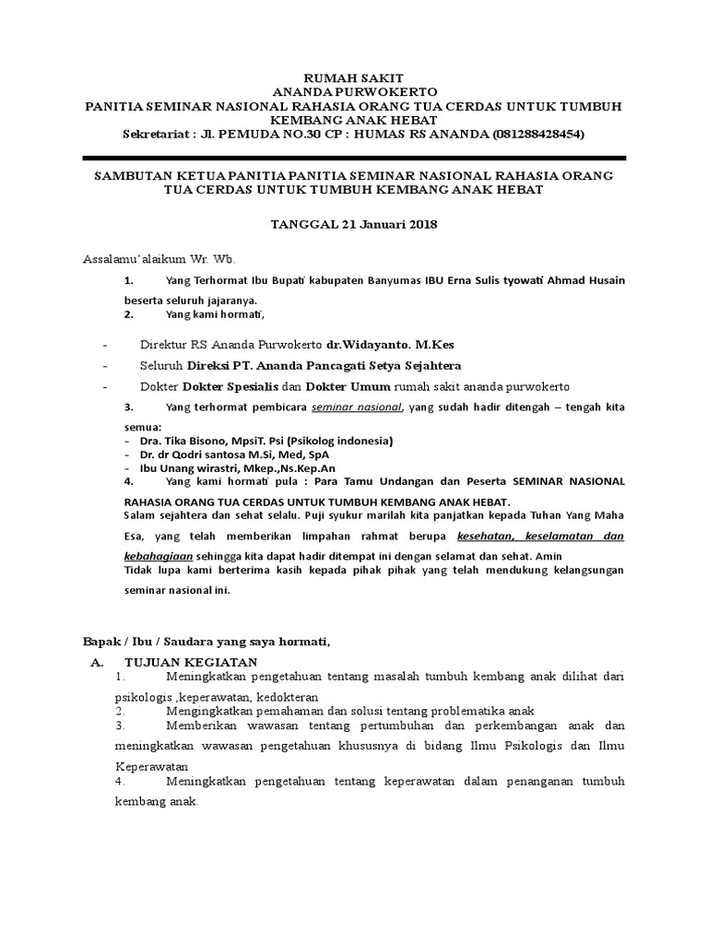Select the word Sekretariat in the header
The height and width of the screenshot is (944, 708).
click(157, 135)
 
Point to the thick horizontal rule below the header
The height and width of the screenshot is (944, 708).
click(354, 158)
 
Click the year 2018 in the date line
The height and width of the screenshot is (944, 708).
click(420, 224)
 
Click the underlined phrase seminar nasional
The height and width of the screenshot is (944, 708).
click(357, 407)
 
